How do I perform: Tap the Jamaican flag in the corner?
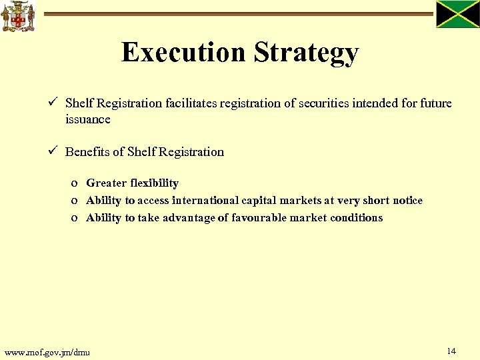click(457, 14)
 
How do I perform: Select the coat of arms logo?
click(18, 16)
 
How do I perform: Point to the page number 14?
click(451, 351)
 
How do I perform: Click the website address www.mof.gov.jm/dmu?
click(47, 352)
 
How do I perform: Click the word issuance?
click(87, 119)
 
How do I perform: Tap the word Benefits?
click(87, 151)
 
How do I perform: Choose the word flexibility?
click(155, 183)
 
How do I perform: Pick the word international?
click(205, 200)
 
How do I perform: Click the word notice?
click(407, 200)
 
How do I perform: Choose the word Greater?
click(107, 183)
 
